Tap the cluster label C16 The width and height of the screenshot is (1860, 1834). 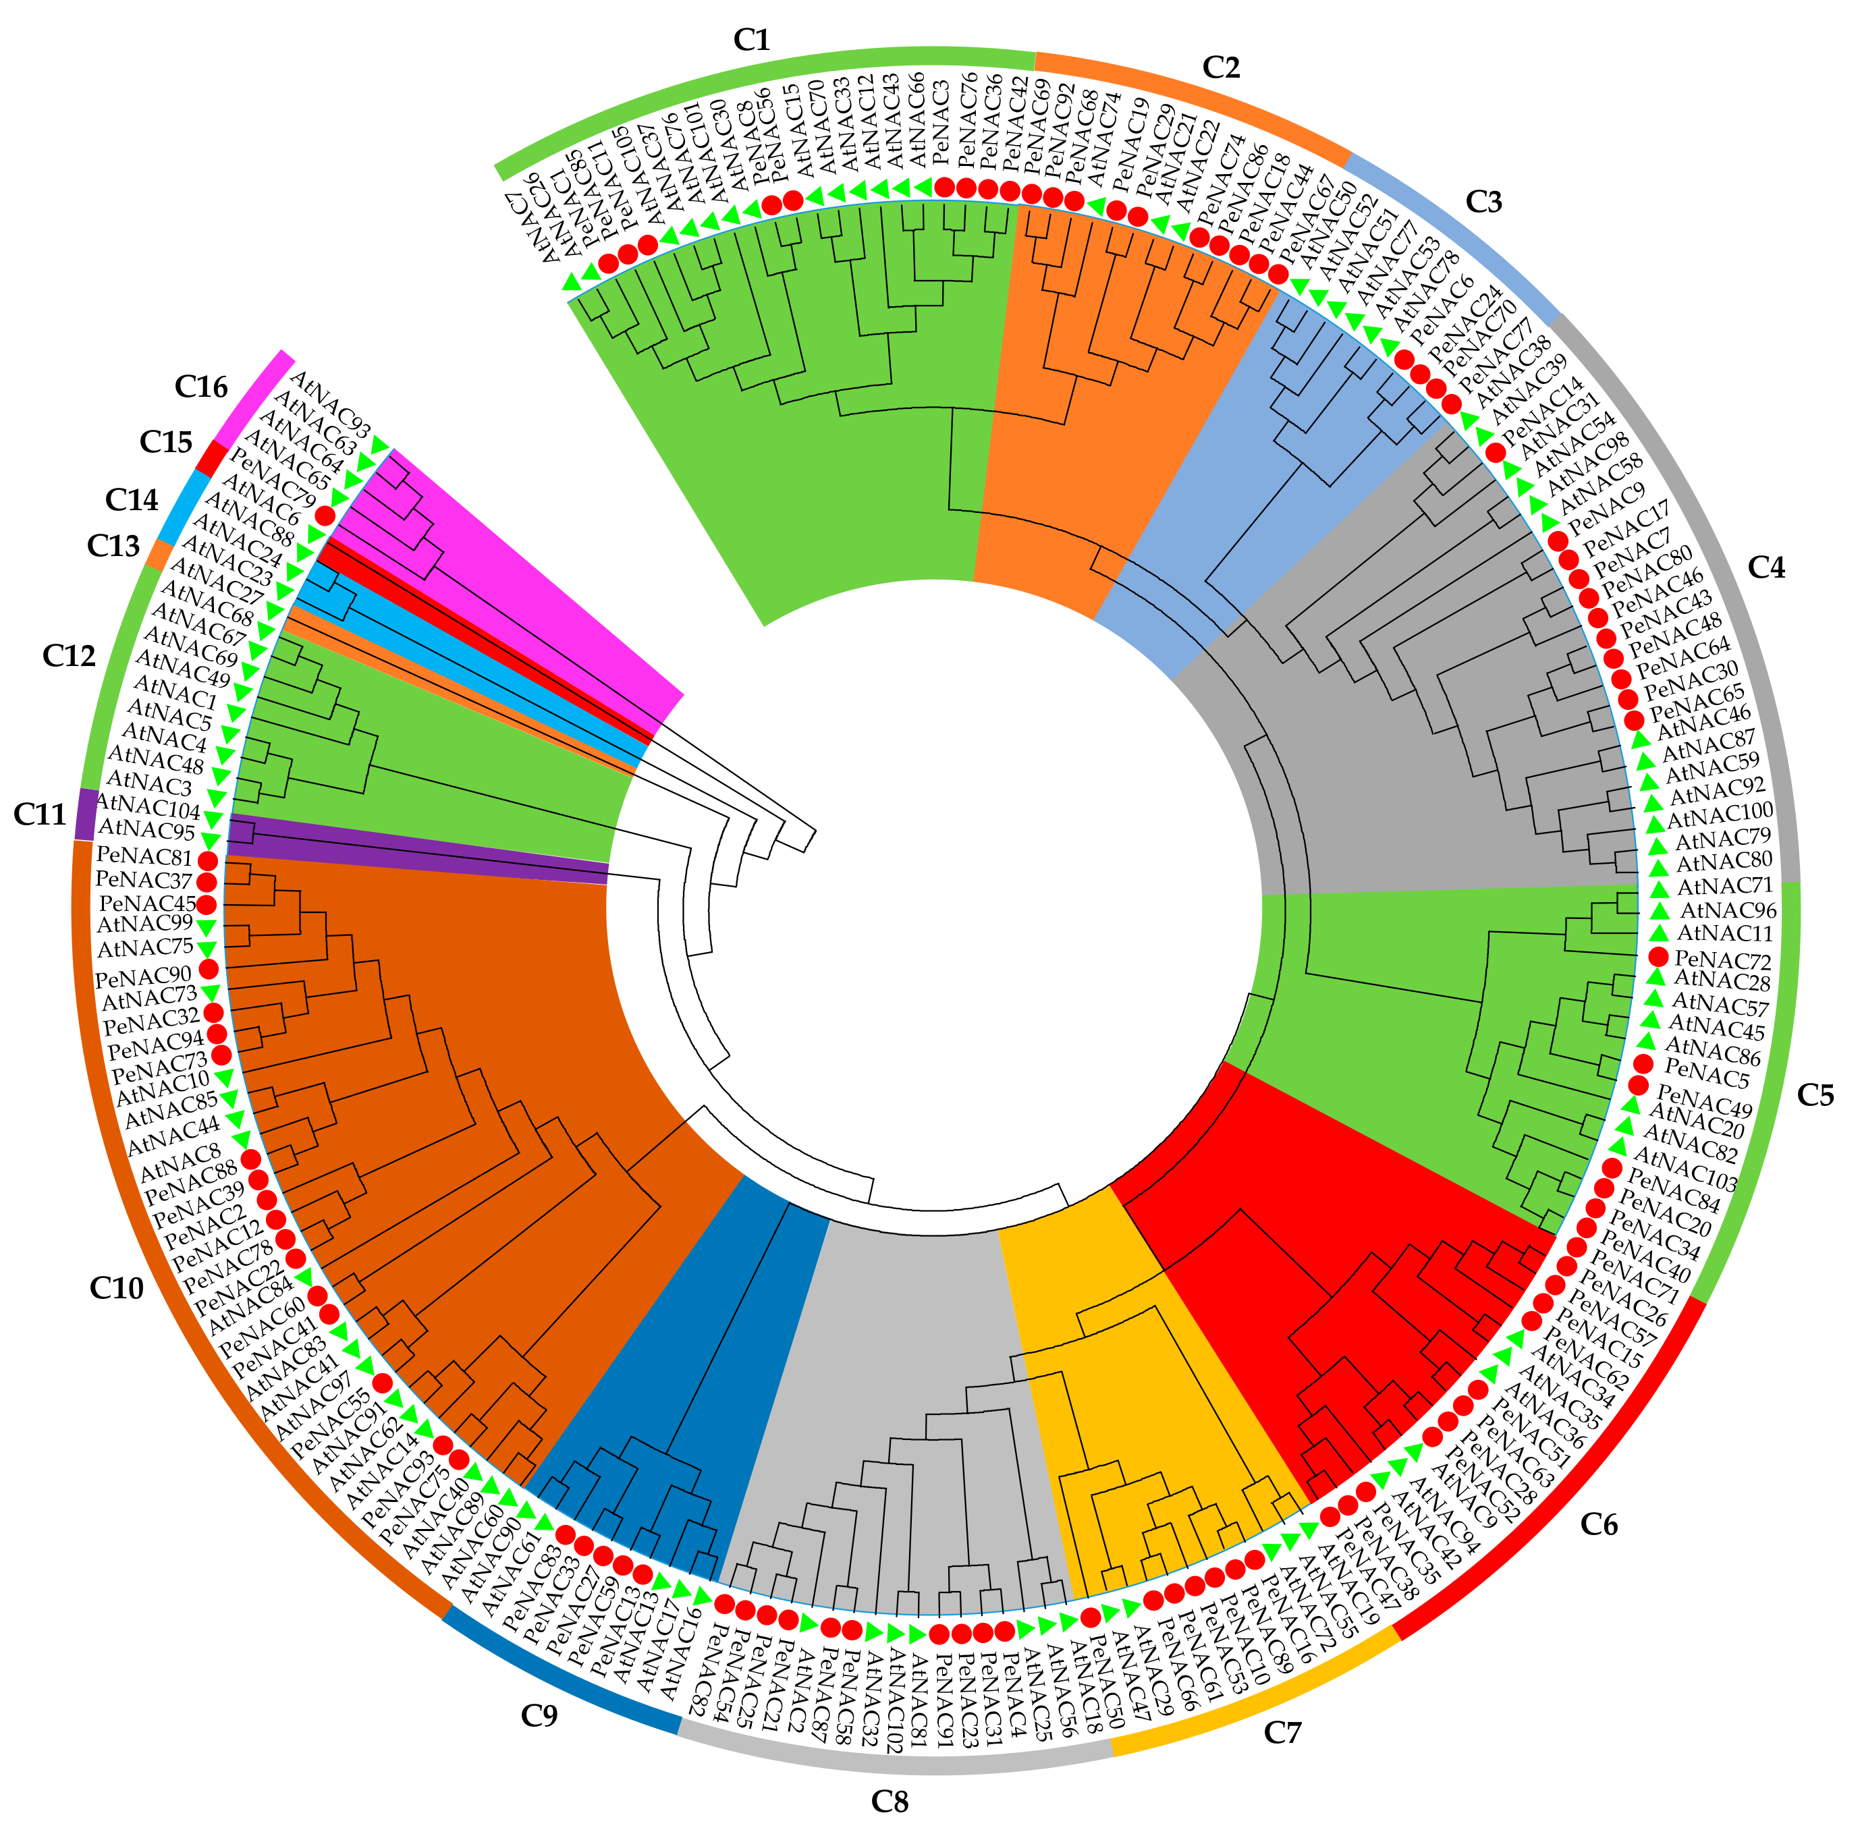pos(201,387)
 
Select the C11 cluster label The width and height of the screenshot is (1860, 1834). pos(38,814)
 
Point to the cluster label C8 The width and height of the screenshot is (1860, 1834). pos(889,1801)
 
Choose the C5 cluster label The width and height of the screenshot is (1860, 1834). pos(1815,1094)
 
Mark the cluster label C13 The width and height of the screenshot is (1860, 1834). pos(113,546)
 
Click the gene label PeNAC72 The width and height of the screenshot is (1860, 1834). pos(1723,960)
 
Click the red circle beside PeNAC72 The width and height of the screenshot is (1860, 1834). pos(1658,957)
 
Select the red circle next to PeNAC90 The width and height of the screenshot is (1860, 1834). pos(208,968)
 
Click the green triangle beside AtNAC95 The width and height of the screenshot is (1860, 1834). pos(211,839)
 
